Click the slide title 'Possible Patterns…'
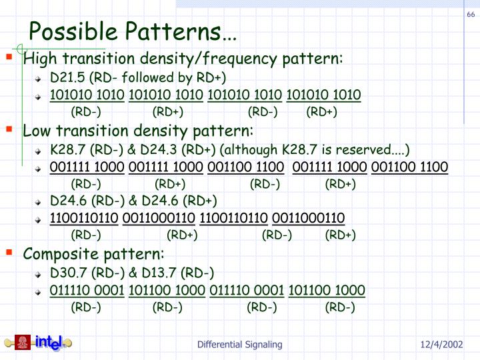(x=132, y=31)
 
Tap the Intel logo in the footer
(x=49, y=343)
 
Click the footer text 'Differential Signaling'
(x=239, y=345)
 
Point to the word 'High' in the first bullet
(x=37, y=59)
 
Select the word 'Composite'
(x=57, y=254)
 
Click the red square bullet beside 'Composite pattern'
(x=9, y=253)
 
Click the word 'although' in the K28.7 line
(x=249, y=149)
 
